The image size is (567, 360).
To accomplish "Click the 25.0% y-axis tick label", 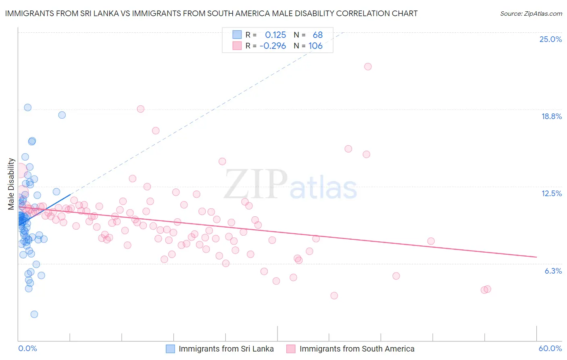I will [x=550, y=40].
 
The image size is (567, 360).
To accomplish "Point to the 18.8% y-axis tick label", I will [x=551, y=117].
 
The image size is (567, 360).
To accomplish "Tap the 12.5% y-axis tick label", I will [x=551, y=194].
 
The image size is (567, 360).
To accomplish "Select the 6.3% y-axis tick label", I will [x=553, y=271].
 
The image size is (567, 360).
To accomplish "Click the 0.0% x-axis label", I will [x=27, y=349].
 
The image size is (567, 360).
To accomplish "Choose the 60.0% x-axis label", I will [x=550, y=349].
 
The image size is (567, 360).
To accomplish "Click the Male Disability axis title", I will [x=11, y=184].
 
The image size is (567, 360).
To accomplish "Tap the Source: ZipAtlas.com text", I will [x=531, y=14].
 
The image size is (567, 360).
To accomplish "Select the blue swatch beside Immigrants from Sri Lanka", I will [x=171, y=349].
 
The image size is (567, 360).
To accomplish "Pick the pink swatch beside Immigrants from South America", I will [x=291, y=349].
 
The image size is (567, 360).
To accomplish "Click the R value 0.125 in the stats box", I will [x=275, y=35].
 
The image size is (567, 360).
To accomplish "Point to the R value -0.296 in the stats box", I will [x=273, y=46].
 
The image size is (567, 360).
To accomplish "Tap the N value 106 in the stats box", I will [x=315, y=46].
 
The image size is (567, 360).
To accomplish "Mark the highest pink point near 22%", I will [x=368, y=67].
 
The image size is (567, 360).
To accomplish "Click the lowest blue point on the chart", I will [x=34, y=314].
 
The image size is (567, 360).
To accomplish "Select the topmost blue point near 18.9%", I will [x=27, y=107].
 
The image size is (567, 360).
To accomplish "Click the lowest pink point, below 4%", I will [x=334, y=296].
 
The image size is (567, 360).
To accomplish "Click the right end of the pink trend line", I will [x=536, y=257].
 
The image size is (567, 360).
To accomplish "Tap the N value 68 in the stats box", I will [x=318, y=35].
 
